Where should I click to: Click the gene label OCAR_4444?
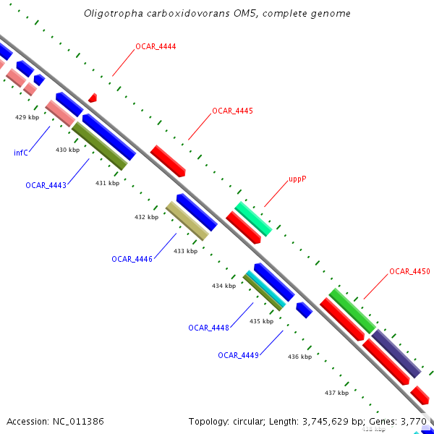point(156,46)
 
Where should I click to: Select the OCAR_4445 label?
point(232,111)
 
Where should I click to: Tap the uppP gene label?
point(297,178)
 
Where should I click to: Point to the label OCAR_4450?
point(409,271)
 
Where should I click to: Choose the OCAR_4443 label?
point(46,185)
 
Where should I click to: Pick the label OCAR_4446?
point(132,258)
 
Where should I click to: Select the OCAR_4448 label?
point(208,328)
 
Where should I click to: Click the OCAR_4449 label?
point(238,355)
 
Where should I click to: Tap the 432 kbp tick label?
point(146,217)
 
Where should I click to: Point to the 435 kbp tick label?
point(261,321)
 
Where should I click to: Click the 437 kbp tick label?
point(336,393)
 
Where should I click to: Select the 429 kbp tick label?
point(27,116)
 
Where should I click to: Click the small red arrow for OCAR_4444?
point(92,97)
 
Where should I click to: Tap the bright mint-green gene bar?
point(253,218)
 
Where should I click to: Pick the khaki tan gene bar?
point(187,221)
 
